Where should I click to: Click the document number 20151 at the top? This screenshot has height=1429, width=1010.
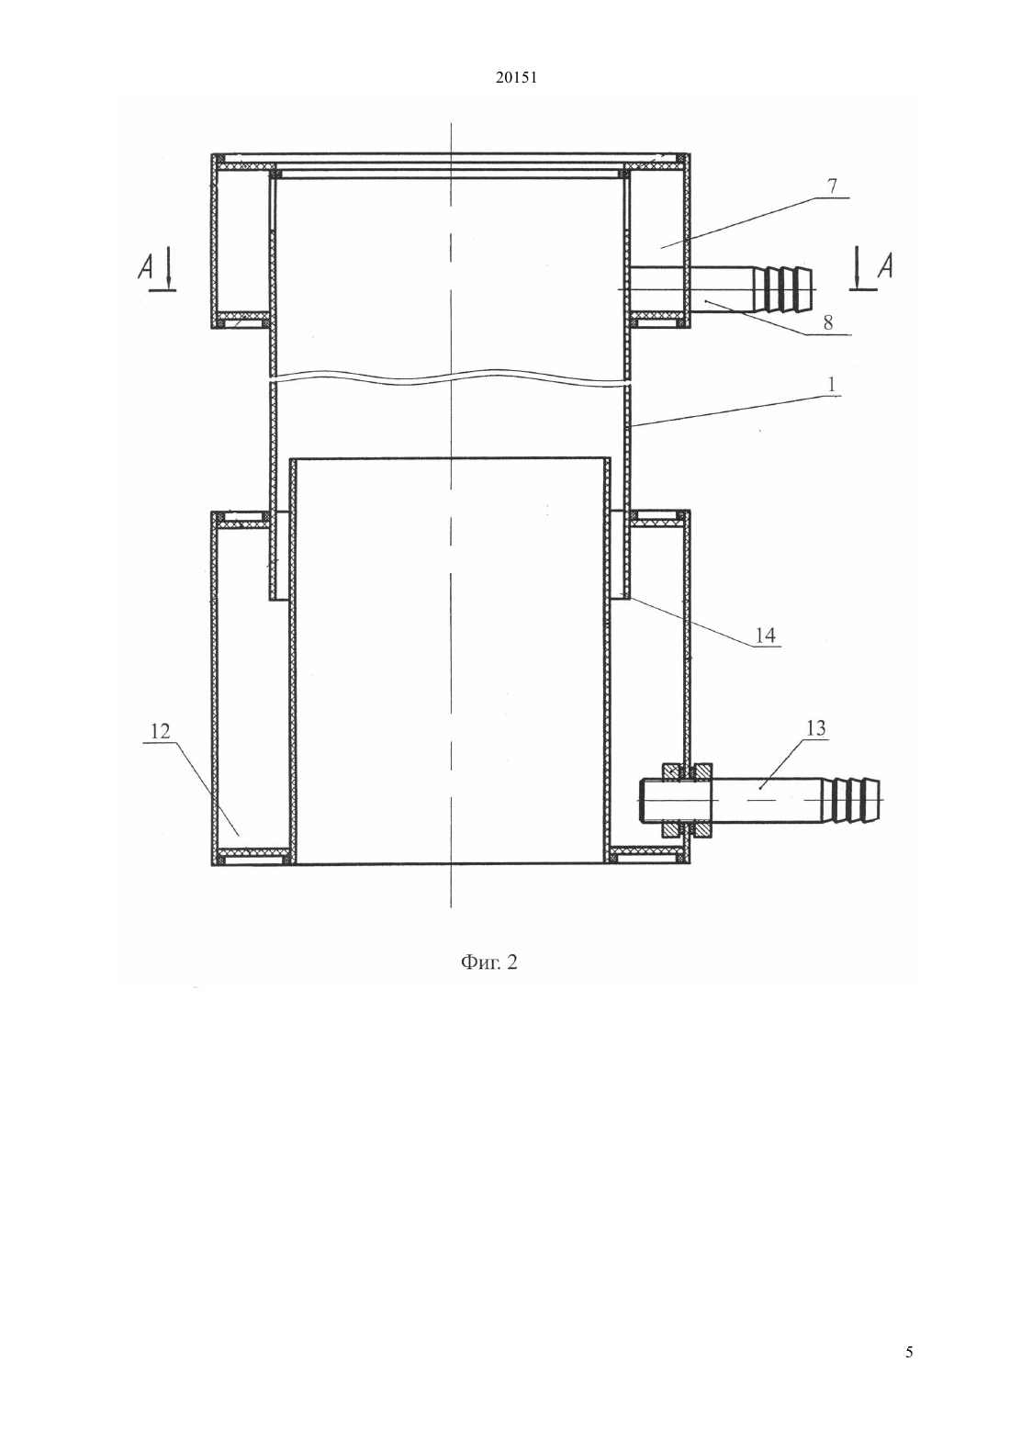[516, 78]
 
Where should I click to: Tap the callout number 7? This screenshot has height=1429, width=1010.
[832, 186]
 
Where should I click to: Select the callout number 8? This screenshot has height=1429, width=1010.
[827, 322]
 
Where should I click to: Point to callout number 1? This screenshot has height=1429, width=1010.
[832, 385]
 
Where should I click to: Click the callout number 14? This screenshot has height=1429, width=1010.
[765, 635]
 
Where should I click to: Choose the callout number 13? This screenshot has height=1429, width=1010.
[816, 727]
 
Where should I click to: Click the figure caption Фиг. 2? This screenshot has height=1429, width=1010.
[489, 962]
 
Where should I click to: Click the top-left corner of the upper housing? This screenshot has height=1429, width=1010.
[212, 153]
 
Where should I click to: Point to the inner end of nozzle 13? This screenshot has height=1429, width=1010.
[640, 800]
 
